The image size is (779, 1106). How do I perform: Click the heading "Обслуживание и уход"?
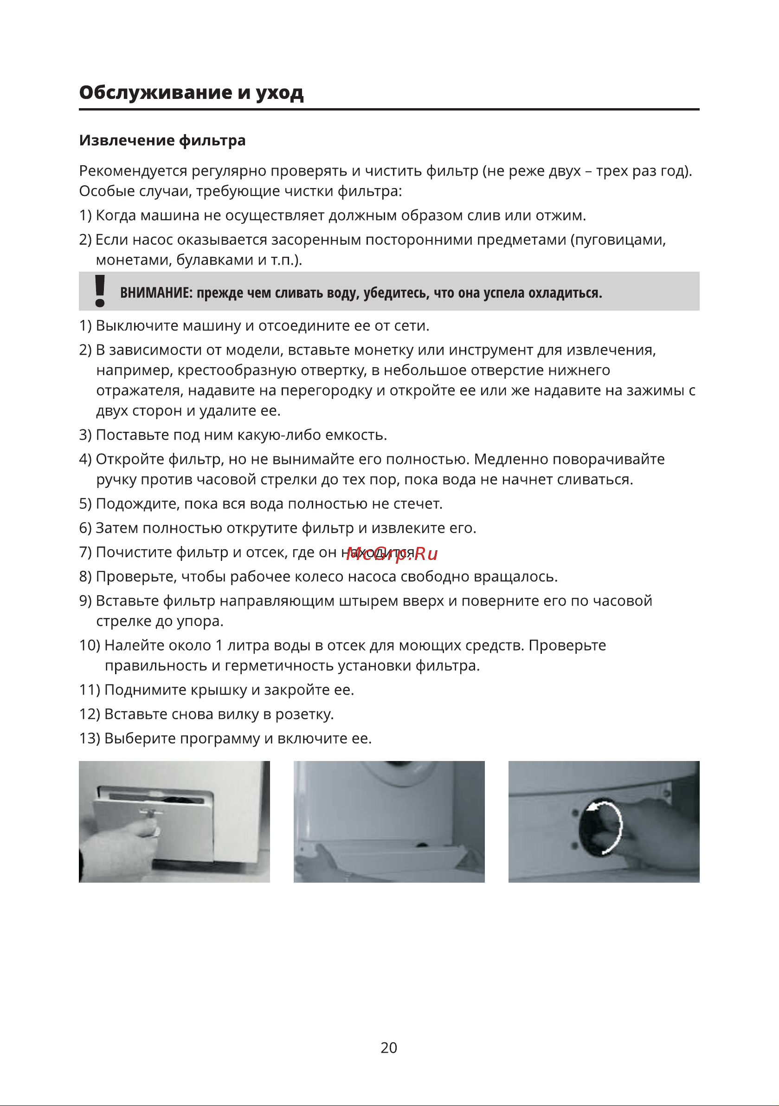pos(191,92)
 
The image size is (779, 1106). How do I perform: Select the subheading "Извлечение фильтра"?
pos(162,141)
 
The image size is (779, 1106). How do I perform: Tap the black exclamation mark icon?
pos(100,291)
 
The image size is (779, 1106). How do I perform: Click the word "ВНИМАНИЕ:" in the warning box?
pos(156,293)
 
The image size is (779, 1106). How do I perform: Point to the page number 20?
pos(388,1047)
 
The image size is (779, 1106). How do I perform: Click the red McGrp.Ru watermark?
pos(392,554)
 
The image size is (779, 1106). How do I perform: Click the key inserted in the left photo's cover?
pos(150,813)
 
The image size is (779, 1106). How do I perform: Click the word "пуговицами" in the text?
pos(618,240)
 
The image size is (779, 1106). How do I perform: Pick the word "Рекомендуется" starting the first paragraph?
pos(133,171)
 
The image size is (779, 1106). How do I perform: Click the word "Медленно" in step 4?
pos(511,460)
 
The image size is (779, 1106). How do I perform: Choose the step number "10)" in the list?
pos(90,645)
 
